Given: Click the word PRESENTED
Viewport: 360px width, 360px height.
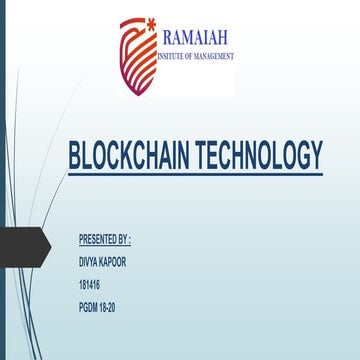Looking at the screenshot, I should [97, 241].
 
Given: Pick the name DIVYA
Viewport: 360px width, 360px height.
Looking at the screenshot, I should [88, 259].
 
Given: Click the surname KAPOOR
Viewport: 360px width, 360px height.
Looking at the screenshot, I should [111, 259].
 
